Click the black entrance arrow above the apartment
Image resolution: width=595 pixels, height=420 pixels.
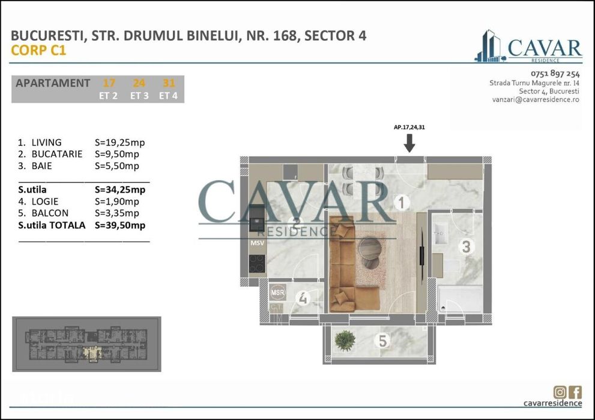(x=409, y=143)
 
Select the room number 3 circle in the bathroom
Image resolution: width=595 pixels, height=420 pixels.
(x=465, y=246)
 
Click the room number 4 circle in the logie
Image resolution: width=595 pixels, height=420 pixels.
(x=303, y=298)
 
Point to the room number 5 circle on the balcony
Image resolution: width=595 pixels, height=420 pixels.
(x=381, y=341)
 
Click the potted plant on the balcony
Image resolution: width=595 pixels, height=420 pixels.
(x=344, y=340)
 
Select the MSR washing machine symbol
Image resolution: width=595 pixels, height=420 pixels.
(x=277, y=292)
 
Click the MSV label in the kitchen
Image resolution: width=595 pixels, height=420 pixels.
(x=257, y=244)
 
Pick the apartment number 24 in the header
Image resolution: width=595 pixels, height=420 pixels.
(x=139, y=83)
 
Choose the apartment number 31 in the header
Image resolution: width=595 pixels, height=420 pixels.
(x=169, y=83)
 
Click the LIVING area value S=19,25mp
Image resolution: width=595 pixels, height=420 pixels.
(x=120, y=143)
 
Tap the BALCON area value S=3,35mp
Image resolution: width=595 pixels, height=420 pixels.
(x=117, y=213)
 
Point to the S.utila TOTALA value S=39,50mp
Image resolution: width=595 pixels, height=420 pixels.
(x=120, y=225)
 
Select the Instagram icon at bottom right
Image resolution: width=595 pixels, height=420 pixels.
(x=560, y=392)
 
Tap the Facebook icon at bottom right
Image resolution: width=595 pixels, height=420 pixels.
(x=575, y=392)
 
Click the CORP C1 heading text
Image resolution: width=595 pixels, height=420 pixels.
(x=38, y=50)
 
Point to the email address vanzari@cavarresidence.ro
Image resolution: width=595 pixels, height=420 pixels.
(x=535, y=100)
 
